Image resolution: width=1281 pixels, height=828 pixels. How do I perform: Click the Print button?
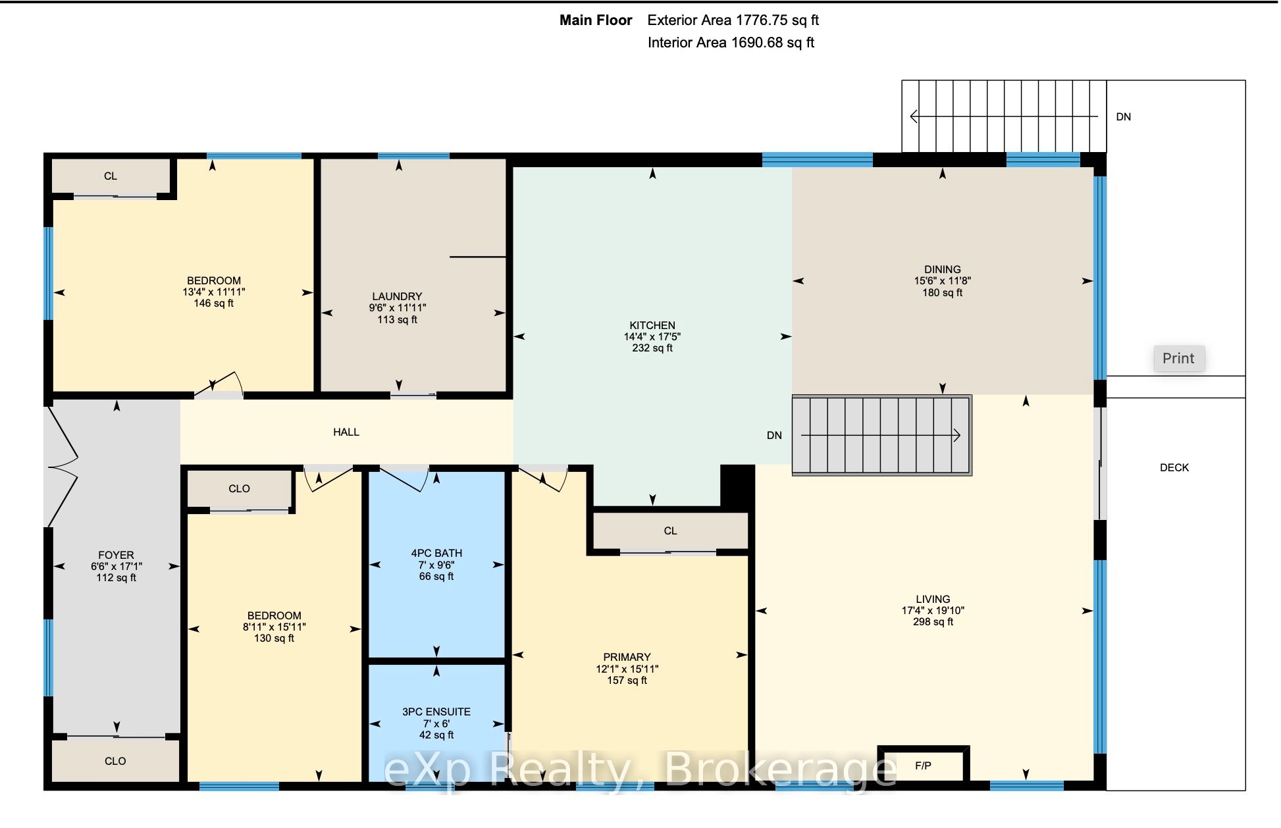pos(1178,359)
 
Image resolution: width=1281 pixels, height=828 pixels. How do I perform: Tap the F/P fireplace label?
pos(923,765)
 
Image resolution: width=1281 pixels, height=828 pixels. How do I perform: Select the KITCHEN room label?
pos(652,325)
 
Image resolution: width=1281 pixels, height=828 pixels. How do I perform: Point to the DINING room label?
pos(942,269)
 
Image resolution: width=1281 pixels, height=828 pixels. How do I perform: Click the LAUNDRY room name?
pos(397,296)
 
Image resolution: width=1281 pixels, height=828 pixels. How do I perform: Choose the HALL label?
pos(346,432)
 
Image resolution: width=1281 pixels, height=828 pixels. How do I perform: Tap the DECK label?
pos(1174,467)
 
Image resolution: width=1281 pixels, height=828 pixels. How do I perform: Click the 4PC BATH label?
pos(436,553)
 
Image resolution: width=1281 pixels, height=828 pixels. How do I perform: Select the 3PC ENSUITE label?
pos(436,712)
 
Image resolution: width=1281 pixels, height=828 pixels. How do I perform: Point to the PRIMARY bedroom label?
pos(627,657)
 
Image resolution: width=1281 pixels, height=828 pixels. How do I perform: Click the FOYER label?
pos(116,555)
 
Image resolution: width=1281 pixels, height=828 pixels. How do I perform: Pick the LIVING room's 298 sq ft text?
pos(933,621)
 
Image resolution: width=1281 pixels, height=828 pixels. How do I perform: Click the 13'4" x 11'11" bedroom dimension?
pos(214,292)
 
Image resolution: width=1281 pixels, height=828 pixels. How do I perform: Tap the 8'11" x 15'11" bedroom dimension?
pos(274,627)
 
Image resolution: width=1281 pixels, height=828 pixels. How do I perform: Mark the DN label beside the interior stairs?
pos(774,435)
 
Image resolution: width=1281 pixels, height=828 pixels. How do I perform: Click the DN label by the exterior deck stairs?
pos(1123,116)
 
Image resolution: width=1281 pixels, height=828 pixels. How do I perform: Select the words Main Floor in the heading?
pos(596,20)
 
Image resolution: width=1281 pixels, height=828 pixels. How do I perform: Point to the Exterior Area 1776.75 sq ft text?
pos(733,20)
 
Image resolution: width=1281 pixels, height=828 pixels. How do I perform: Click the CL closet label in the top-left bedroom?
pos(110,176)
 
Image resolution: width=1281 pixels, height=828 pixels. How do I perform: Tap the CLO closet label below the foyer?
pos(115,761)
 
